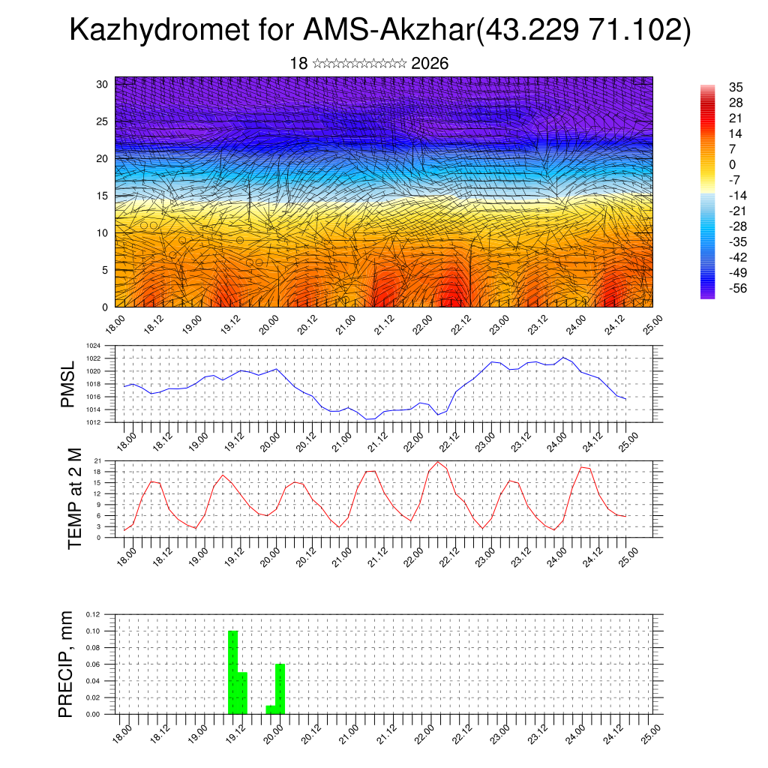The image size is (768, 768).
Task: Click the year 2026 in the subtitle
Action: (x=430, y=63)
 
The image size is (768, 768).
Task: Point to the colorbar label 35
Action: (x=735, y=87)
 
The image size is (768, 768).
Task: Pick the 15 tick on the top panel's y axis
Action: (x=103, y=196)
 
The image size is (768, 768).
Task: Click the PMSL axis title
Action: (x=68, y=385)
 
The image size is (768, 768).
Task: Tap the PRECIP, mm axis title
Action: (x=67, y=664)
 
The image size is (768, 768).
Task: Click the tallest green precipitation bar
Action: (x=232, y=672)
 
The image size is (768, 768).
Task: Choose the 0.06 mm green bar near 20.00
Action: (x=280, y=688)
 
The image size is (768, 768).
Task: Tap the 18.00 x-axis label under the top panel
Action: (x=114, y=324)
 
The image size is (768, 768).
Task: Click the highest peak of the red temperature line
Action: (x=437, y=461)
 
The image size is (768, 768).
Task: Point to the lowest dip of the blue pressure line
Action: (x=369, y=419)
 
